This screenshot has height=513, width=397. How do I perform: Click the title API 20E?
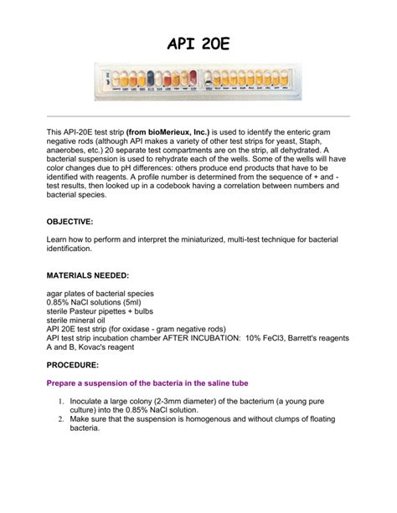coord(198,42)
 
